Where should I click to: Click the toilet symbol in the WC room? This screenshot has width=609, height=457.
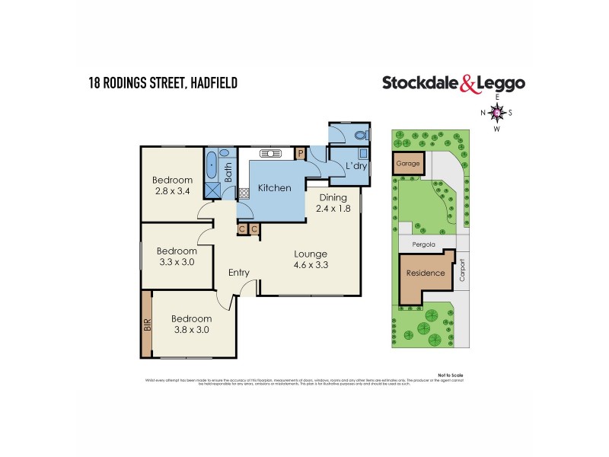(360, 136)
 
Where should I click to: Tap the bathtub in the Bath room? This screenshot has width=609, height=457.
(211, 164)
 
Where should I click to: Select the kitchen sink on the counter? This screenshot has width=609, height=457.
(271, 153)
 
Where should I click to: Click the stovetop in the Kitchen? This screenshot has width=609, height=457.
(245, 193)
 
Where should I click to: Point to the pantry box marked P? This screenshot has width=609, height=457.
(301, 153)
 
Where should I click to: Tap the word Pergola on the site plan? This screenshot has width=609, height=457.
(425, 244)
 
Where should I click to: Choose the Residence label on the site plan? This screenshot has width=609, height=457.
(425, 273)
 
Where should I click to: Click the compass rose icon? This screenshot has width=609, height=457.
(497, 113)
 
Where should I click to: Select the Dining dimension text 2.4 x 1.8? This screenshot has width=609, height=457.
(333, 208)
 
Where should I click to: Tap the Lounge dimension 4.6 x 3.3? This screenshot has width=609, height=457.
(311, 266)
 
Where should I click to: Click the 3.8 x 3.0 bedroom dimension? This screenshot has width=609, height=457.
(190, 330)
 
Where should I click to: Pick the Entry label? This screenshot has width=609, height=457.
(239, 272)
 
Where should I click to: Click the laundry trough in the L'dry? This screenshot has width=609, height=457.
(362, 153)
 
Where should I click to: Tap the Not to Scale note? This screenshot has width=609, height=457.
(451, 376)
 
